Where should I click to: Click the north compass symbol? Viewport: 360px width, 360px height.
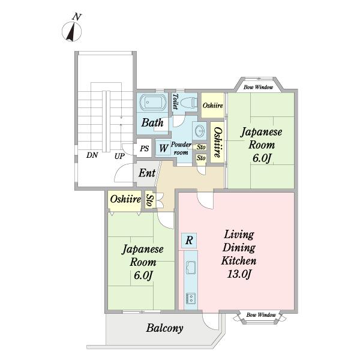(72, 31)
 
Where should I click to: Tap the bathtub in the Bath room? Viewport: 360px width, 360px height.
(152, 102)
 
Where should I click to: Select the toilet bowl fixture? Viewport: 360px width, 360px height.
(189, 103)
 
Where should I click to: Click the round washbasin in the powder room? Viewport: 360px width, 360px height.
(200, 131)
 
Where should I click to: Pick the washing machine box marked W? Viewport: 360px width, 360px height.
(163, 148)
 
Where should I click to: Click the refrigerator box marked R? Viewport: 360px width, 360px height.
(189, 241)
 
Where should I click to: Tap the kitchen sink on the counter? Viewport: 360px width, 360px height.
(191, 268)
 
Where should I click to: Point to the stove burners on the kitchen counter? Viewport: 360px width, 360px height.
(191, 298)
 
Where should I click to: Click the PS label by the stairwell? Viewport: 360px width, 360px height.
(145, 149)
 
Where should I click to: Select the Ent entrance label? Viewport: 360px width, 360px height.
(147, 173)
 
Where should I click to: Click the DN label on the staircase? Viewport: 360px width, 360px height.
(92, 155)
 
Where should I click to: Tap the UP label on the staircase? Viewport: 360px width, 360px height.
(119, 157)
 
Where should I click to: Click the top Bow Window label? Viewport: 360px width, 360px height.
(258, 87)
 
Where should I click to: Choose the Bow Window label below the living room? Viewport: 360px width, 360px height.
(261, 315)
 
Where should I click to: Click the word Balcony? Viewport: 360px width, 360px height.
(164, 328)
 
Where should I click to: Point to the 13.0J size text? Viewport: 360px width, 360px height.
(239, 274)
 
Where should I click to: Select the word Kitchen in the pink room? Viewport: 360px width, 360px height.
(239, 261)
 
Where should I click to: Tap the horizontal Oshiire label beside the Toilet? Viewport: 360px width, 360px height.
(213, 106)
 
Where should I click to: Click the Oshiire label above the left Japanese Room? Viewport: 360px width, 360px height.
(125, 199)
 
